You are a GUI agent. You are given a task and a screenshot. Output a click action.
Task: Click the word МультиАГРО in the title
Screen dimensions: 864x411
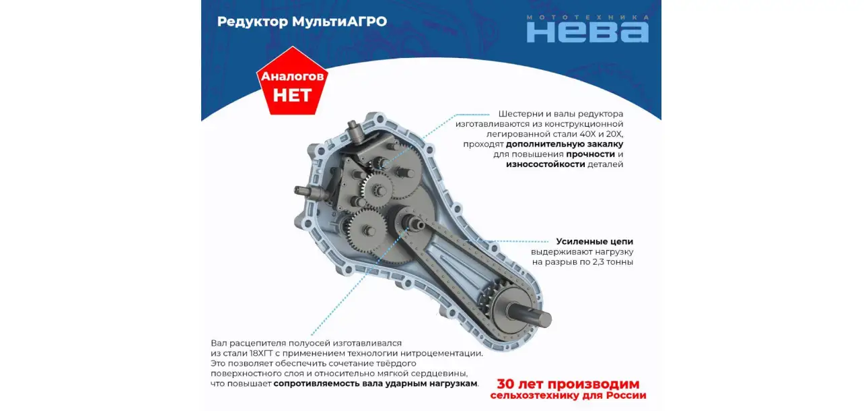(339, 22)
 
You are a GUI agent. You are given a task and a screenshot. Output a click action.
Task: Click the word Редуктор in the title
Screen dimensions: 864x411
(252, 22)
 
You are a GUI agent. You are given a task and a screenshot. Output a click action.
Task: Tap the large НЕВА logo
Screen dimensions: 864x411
(587, 32)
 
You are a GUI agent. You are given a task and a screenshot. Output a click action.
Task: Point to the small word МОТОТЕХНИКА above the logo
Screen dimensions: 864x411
(587, 18)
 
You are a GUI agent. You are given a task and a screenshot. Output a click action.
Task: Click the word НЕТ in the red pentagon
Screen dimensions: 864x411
(292, 95)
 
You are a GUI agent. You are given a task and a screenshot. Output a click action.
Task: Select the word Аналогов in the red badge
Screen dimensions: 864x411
(292, 76)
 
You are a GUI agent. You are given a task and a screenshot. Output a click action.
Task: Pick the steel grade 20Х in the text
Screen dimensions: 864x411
(614, 134)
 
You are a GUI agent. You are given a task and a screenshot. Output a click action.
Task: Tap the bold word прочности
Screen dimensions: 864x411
(591, 154)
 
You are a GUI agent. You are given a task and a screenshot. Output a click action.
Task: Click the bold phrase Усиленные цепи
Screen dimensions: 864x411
(594, 242)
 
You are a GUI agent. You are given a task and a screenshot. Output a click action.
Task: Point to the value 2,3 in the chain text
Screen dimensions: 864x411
(599, 262)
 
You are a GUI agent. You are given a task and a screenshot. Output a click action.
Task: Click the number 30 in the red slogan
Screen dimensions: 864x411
(505, 384)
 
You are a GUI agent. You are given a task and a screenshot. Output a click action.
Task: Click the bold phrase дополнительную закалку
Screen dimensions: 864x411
(565, 144)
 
